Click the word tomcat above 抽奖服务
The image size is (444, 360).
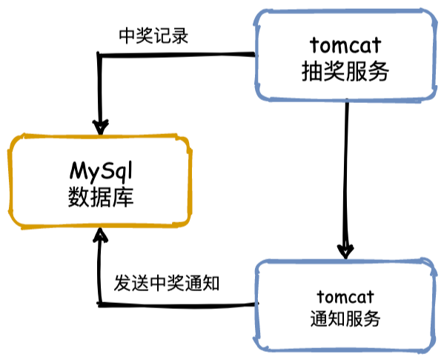346,46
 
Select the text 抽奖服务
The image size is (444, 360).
346,71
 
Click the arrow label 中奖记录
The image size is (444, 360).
153,36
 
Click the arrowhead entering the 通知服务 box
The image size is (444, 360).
346,250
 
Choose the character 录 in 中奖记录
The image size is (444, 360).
179,36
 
